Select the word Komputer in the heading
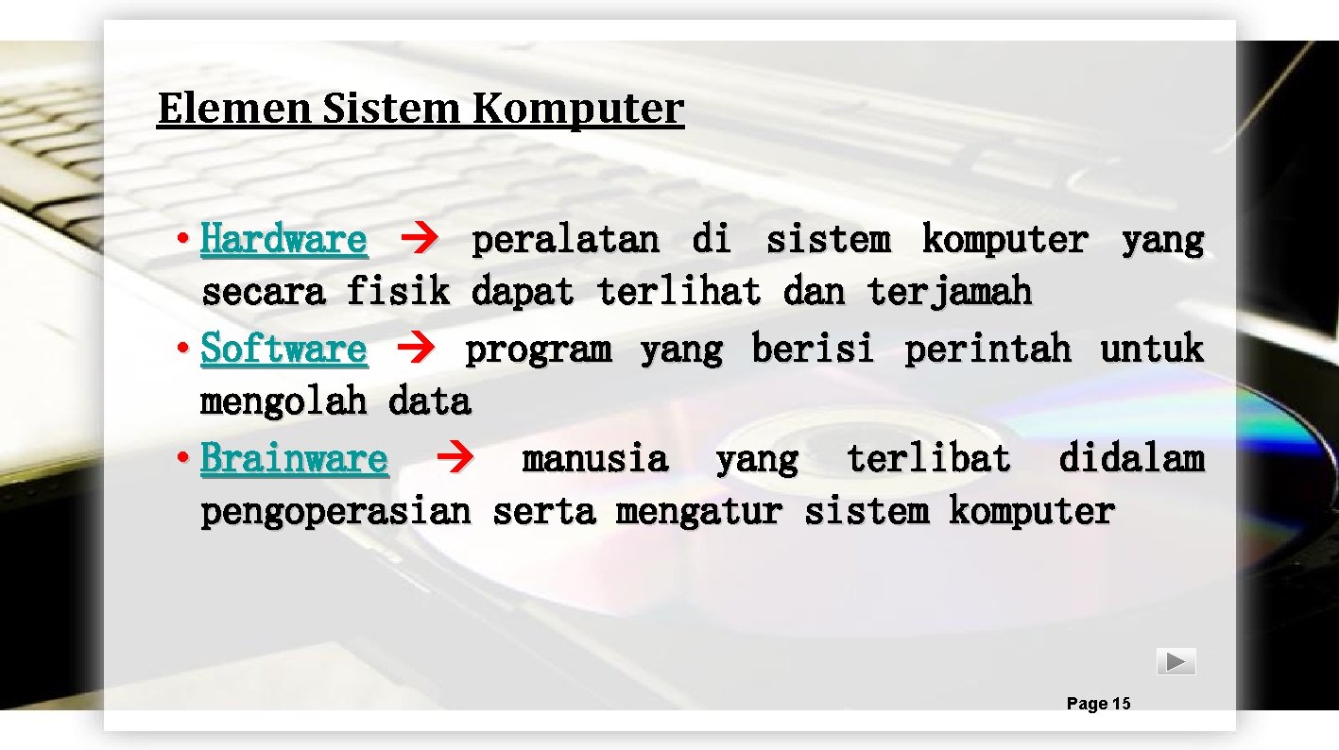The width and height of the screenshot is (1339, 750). (x=578, y=109)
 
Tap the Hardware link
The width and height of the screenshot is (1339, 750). (x=283, y=240)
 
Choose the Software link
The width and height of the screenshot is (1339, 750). (x=283, y=349)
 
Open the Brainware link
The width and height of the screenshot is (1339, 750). (x=294, y=459)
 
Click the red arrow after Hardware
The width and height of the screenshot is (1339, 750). (x=417, y=241)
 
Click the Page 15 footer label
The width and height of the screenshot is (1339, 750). (x=1098, y=704)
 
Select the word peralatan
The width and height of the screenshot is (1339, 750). (x=565, y=240)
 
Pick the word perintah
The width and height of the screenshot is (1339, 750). (x=987, y=349)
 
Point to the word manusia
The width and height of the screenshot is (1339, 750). (x=595, y=459)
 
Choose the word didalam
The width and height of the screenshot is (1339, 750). (x=1131, y=459)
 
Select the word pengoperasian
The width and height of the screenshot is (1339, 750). (x=335, y=512)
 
